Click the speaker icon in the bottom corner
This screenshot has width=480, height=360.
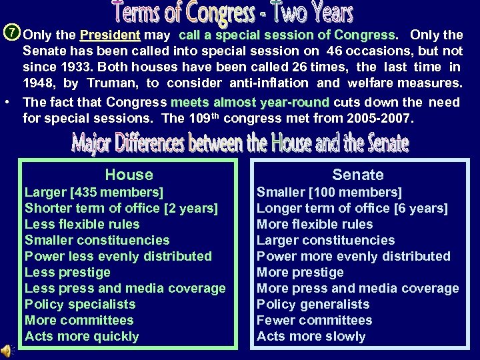[x=7, y=351]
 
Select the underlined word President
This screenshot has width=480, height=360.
[x=110, y=35]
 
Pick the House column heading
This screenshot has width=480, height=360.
[x=129, y=175]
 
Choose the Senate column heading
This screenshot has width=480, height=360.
[x=358, y=175]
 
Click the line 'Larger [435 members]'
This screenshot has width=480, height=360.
[x=94, y=193]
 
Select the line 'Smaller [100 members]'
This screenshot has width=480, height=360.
[x=329, y=193]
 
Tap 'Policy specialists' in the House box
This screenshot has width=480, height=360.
[x=80, y=305]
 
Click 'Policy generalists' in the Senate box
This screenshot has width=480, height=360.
[x=313, y=305]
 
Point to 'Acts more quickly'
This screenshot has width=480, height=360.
[x=82, y=337]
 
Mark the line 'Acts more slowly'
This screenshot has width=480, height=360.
[x=311, y=337]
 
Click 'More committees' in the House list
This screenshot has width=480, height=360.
[x=79, y=321]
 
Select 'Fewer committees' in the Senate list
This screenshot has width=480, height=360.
[x=315, y=321]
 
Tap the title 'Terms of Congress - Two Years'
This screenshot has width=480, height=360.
[x=232, y=13]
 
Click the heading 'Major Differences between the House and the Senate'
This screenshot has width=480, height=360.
[x=240, y=143]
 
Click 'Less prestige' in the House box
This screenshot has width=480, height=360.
[x=67, y=273]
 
